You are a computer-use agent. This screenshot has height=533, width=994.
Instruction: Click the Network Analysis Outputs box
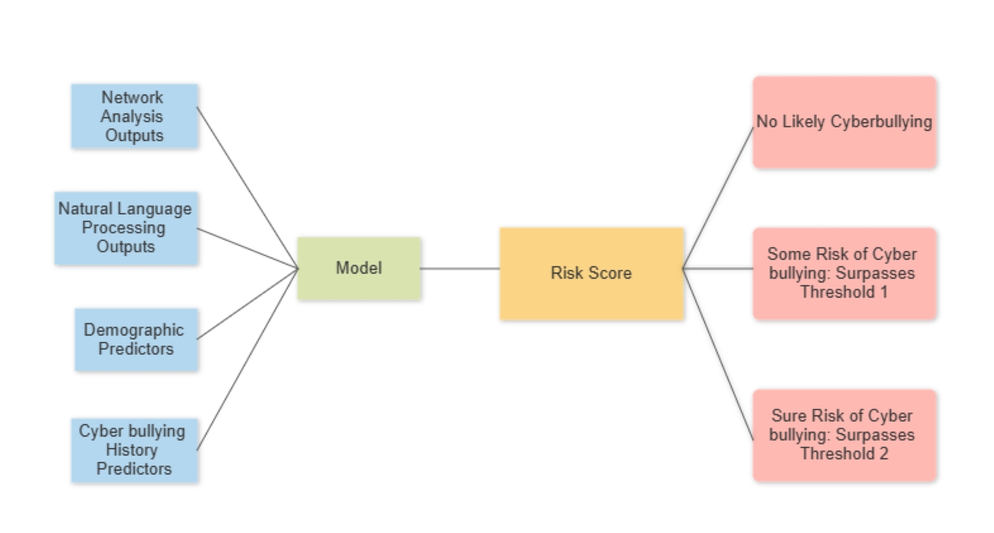tap(135, 116)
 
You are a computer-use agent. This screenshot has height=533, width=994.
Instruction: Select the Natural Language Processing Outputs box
tap(126, 228)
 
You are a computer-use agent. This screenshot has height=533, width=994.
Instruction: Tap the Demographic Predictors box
tap(136, 340)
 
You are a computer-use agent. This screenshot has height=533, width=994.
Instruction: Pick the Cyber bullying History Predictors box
tap(135, 450)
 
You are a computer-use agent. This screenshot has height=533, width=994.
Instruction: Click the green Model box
tap(359, 268)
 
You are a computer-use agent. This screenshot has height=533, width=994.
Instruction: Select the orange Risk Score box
tap(592, 273)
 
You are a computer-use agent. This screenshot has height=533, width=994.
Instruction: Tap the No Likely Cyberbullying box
tap(844, 122)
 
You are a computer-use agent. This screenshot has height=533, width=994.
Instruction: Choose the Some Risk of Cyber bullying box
tap(844, 273)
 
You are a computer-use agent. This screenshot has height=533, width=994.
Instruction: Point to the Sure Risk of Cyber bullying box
tap(844, 435)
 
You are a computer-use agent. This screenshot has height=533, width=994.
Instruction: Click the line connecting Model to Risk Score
tap(460, 268)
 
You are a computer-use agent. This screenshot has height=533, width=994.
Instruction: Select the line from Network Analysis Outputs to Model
tap(247, 188)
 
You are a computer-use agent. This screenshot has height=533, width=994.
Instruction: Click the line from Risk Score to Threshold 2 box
tap(718, 354)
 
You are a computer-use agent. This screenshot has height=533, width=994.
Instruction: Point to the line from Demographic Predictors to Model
tap(247, 304)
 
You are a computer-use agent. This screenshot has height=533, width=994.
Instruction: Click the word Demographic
tap(134, 330)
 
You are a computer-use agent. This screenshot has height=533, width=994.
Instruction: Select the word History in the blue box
tap(132, 450)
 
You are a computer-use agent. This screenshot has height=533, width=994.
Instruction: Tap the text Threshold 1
tap(844, 292)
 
